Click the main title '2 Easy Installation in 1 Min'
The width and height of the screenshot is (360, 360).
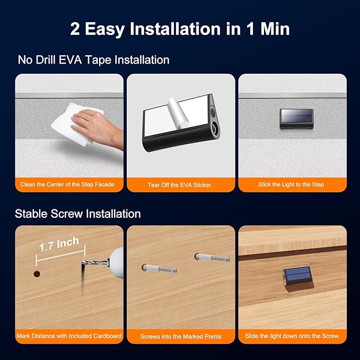[x=180, y=29]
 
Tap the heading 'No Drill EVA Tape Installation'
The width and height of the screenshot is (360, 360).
[x=94, y=60]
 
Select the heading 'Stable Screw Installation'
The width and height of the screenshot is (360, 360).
[x=78, y=214]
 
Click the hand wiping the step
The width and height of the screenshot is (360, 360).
[x=98, y=128]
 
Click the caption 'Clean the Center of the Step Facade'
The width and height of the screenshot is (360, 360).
[x=67, y=185]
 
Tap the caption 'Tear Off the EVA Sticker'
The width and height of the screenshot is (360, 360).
[x=180, y=185]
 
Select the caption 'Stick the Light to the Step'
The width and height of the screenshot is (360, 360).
[x=291, y=185]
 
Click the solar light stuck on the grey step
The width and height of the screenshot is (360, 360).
[x=296, y=118]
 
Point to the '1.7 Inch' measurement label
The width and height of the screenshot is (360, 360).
[x=59, y=244]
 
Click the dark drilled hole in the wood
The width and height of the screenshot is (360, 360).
[x=37, y=274]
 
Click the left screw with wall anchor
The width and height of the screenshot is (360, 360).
[x=160, y=269]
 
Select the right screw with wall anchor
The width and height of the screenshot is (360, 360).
[x=212, y=258]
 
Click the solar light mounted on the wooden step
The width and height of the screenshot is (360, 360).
[x=297, y=276]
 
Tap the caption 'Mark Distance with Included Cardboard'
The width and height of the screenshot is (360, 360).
[x=69, y=336]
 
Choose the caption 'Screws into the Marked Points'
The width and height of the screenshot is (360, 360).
[x=181, y=337]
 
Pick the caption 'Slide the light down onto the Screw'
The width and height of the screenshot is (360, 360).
[x=292, y=336]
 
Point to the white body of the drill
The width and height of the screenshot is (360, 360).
[x=117, y=262]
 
